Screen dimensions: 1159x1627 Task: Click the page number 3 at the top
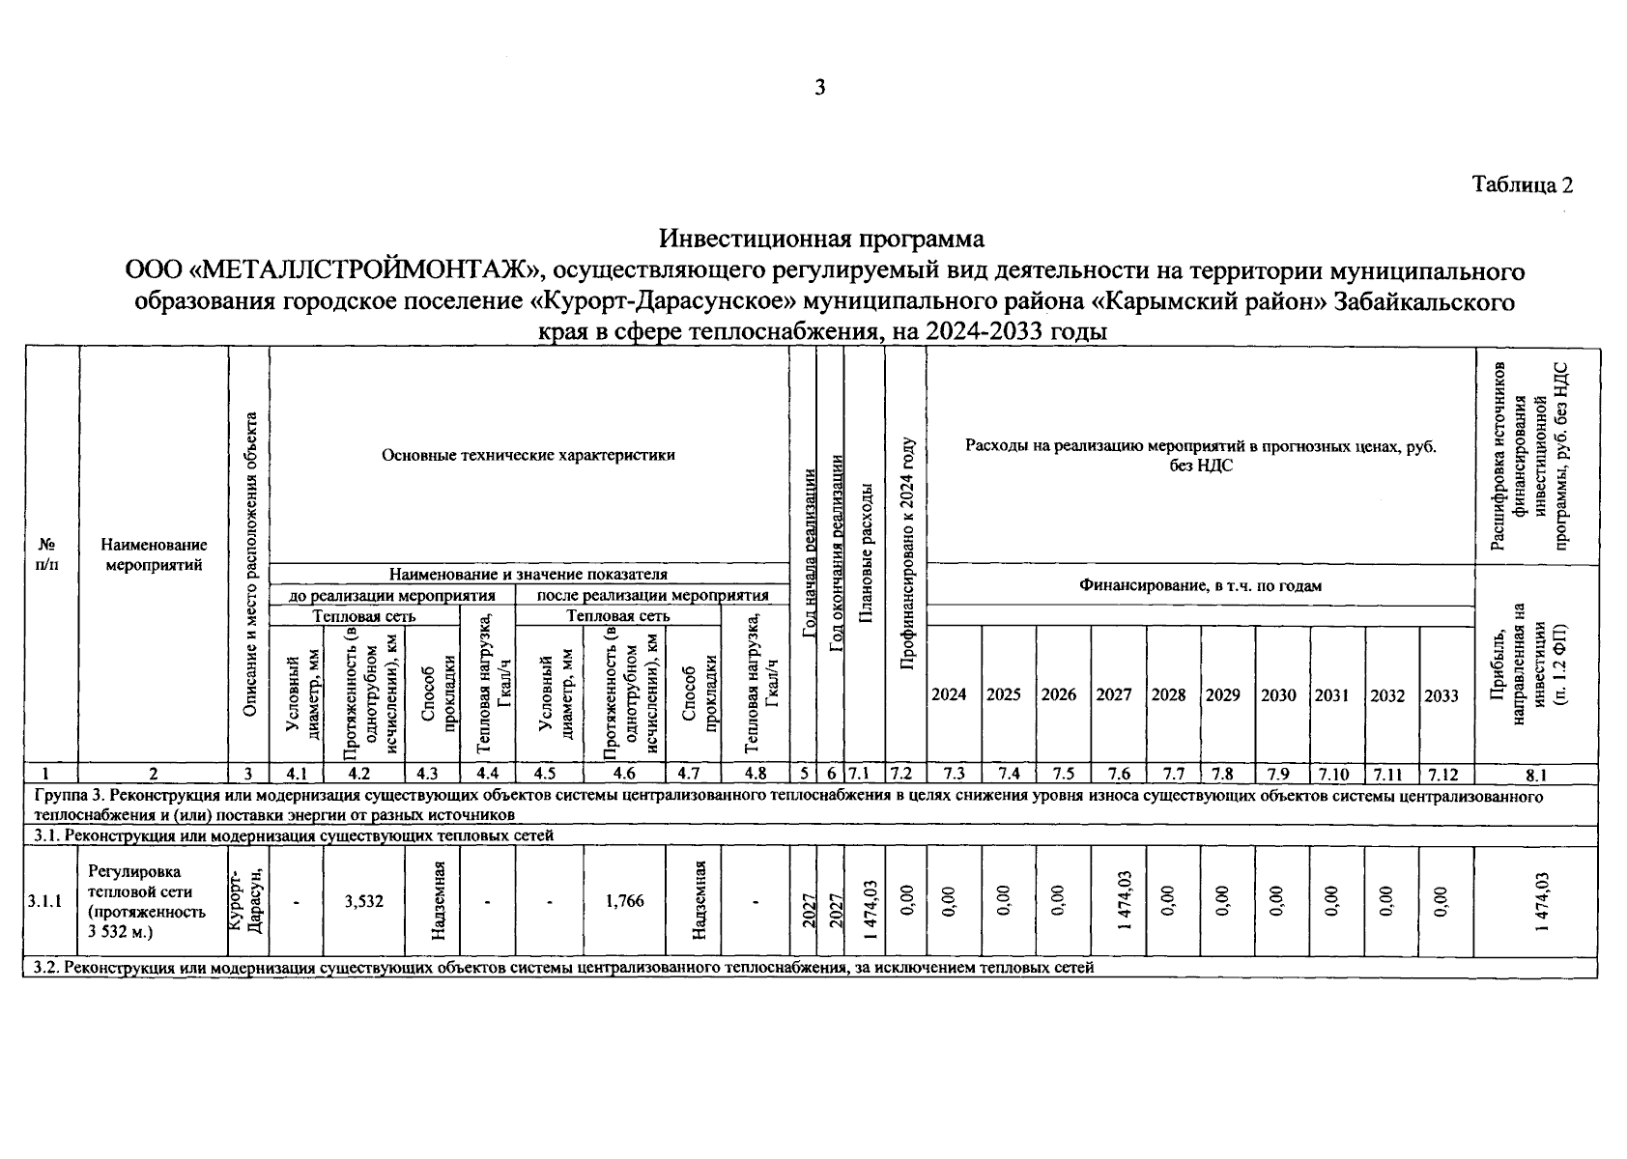[x=820, y=88]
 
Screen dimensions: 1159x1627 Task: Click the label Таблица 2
[x=1523, y=184]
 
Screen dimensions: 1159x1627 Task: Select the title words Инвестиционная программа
[x=821, y=238]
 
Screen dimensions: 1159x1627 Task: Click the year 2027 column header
[x=1114, y=694]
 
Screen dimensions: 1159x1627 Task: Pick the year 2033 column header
[x=1441, y=695]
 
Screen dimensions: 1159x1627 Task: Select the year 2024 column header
[x=949, y=694]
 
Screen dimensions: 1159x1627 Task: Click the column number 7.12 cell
[x=1446, y=774]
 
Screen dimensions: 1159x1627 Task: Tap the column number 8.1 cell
[x=1536, y=774]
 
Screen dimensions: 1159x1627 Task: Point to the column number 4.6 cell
[x=624, y=774]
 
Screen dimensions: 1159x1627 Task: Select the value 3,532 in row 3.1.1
[x=364, y=901]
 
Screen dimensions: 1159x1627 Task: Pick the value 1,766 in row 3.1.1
[x=624, y=901]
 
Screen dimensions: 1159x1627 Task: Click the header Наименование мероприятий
[x=154, y=555]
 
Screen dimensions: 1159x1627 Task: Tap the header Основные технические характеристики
[x=528, y=455]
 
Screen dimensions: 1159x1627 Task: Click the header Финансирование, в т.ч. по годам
[x=1200, y=585]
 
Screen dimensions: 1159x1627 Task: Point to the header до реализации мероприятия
[x=392, y=595]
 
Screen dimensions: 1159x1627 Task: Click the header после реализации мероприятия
[x=653, y=595]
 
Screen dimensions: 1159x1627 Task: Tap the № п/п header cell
[x=46, y=555]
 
